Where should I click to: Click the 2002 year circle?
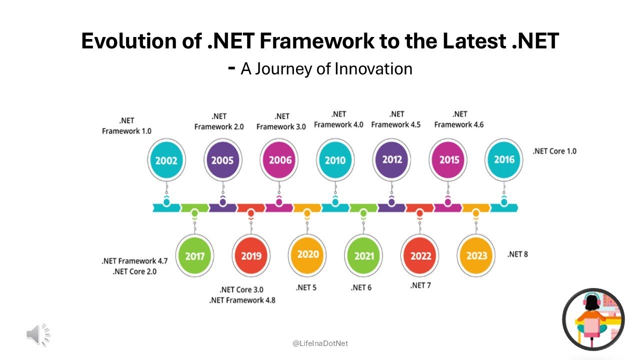(166, 160)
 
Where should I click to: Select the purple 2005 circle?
(222, 160)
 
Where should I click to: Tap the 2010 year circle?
(335, 160)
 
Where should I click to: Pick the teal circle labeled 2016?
(504, 160)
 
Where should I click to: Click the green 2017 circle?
(194, 255)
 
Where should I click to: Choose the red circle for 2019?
(251, 255)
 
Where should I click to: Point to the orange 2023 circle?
(476, 255)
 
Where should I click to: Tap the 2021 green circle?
(364, 255)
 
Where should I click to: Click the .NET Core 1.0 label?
(554, 151)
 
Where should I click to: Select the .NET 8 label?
(517, 254)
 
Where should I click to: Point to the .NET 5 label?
(306, 287)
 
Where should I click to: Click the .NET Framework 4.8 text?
(242, 300)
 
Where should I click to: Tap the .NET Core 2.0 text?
(135, 271)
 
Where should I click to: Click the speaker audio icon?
(38, 334)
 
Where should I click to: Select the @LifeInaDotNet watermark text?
(320, 343)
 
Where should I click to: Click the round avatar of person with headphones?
(593, 319)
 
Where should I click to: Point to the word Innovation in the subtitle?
(373, 68)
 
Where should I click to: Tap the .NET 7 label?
(420, 285)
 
